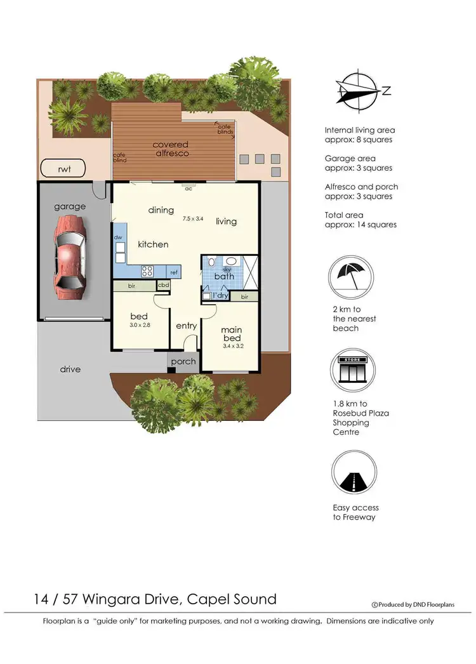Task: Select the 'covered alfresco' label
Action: click(171, 149)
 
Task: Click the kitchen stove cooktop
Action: click(147, 271)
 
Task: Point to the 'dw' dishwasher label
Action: click(118, 237)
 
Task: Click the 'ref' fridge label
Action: click(173, 272)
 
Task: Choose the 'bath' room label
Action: click(224, 276)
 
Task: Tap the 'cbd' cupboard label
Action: click(163, 286)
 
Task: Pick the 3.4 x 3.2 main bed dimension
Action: click(232, 347)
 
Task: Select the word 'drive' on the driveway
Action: click(70, 369)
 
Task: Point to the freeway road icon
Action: click(350, 473)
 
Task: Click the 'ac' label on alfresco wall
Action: click(188, 189)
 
